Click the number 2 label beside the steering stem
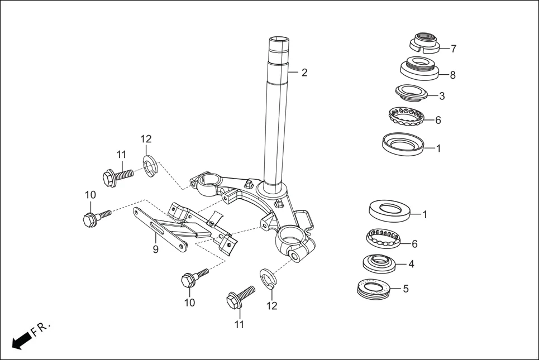pyautogui.click(x=304, y=73)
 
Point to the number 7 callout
pyautogui.click(x=454, y=49)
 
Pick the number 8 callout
pyautogui.click(x=452, y=75)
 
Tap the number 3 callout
pyautogui.click(x=442, y=96)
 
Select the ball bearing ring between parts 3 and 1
pyautogui.click(x=406, y=116)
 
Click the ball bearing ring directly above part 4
pyautogui.click(x=384, y=238)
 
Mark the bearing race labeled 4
pyautogui.click(x=380, y=262)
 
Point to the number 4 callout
pyautogui.click(x=411, y=263)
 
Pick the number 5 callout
pyautogui.click(x=406, y=289)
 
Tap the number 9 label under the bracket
pyautogui.click(x=156, y=249)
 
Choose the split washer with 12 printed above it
pyautogui.click(x=149, y=166)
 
